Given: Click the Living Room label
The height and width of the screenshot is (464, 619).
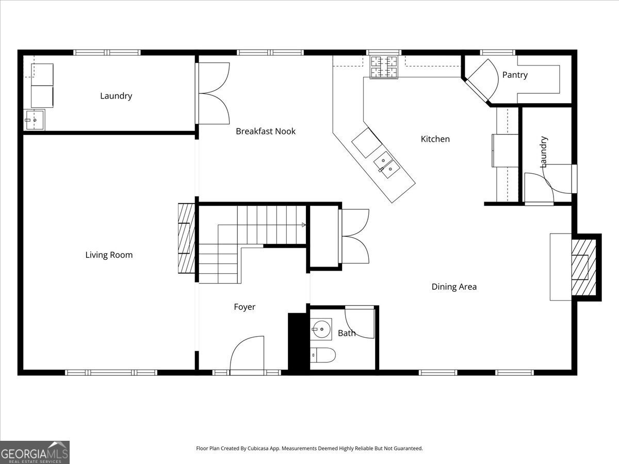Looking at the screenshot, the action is point(109,255).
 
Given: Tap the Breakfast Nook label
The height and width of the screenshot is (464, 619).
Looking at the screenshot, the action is point(266,131).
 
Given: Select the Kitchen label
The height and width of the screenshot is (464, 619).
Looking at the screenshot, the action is point(435,139).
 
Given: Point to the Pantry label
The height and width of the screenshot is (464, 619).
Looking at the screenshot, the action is point(515,75).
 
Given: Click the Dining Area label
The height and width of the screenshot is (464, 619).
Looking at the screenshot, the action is point(454,287).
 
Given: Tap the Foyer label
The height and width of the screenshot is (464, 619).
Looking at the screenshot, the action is point(245,307).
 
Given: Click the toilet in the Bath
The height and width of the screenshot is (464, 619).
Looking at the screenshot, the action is point(323,355).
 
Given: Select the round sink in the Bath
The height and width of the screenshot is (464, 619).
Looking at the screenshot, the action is point(321,329).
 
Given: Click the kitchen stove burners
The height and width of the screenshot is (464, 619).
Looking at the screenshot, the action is point(384,67).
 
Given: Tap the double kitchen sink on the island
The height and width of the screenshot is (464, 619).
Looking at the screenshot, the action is point(387,165).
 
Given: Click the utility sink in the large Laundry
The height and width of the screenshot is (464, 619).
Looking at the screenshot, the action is point(34,120).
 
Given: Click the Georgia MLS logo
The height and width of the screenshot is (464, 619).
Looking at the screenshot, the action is point(35,453).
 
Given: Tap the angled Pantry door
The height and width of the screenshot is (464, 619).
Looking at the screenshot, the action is point(481,81).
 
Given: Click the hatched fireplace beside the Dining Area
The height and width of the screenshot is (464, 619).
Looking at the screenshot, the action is point(584,268).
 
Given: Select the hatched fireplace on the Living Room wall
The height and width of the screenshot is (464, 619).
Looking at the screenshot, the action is point(186,238).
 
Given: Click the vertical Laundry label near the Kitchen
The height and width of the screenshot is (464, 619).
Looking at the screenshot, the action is point(543,152).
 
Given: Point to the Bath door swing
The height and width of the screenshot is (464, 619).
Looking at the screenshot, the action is point(359,323).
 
